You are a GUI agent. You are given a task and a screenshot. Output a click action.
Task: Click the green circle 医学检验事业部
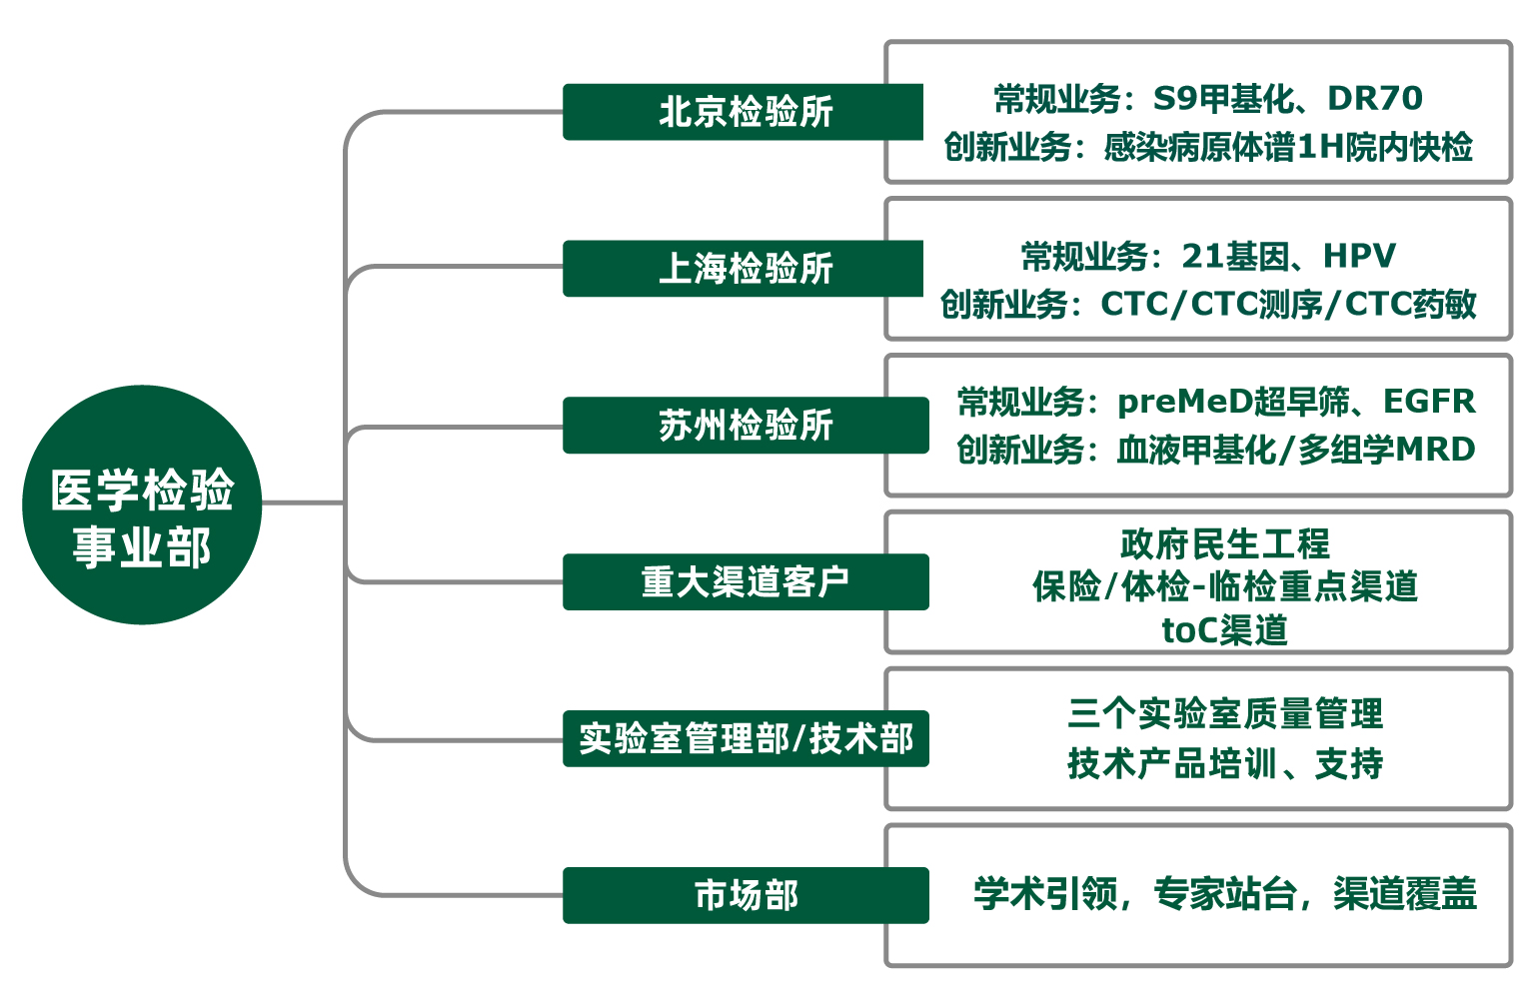coord(142,504)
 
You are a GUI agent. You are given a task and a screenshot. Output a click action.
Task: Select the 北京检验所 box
coord(745,112)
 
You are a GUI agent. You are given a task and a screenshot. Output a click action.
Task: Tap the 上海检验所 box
coord(745,269)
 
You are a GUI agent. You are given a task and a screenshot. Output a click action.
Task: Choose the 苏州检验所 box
coord(745,426)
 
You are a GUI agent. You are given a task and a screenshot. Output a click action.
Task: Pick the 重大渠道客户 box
coord(745,582)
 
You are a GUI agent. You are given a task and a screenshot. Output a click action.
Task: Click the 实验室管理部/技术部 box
coord(745,739)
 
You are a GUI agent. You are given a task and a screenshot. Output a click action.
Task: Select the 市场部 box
coord(745,896)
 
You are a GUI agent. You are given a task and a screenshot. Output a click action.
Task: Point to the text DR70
coord(1374,99)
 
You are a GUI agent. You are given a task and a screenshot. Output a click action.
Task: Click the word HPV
coord(1359,257)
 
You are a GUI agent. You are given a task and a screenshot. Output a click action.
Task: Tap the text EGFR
coord(1429,402)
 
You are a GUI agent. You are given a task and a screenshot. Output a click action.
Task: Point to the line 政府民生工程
coord(1225,544)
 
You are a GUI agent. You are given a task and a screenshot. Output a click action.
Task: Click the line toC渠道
coord(1225,630)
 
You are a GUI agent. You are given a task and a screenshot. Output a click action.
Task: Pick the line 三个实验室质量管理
coord(1225,714)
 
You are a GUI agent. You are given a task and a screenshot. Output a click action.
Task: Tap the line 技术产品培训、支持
coord(1225,764)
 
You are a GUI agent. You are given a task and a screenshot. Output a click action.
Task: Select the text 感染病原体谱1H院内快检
coord(1288,148)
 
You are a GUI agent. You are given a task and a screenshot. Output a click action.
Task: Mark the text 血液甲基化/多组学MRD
coord(1296,450)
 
